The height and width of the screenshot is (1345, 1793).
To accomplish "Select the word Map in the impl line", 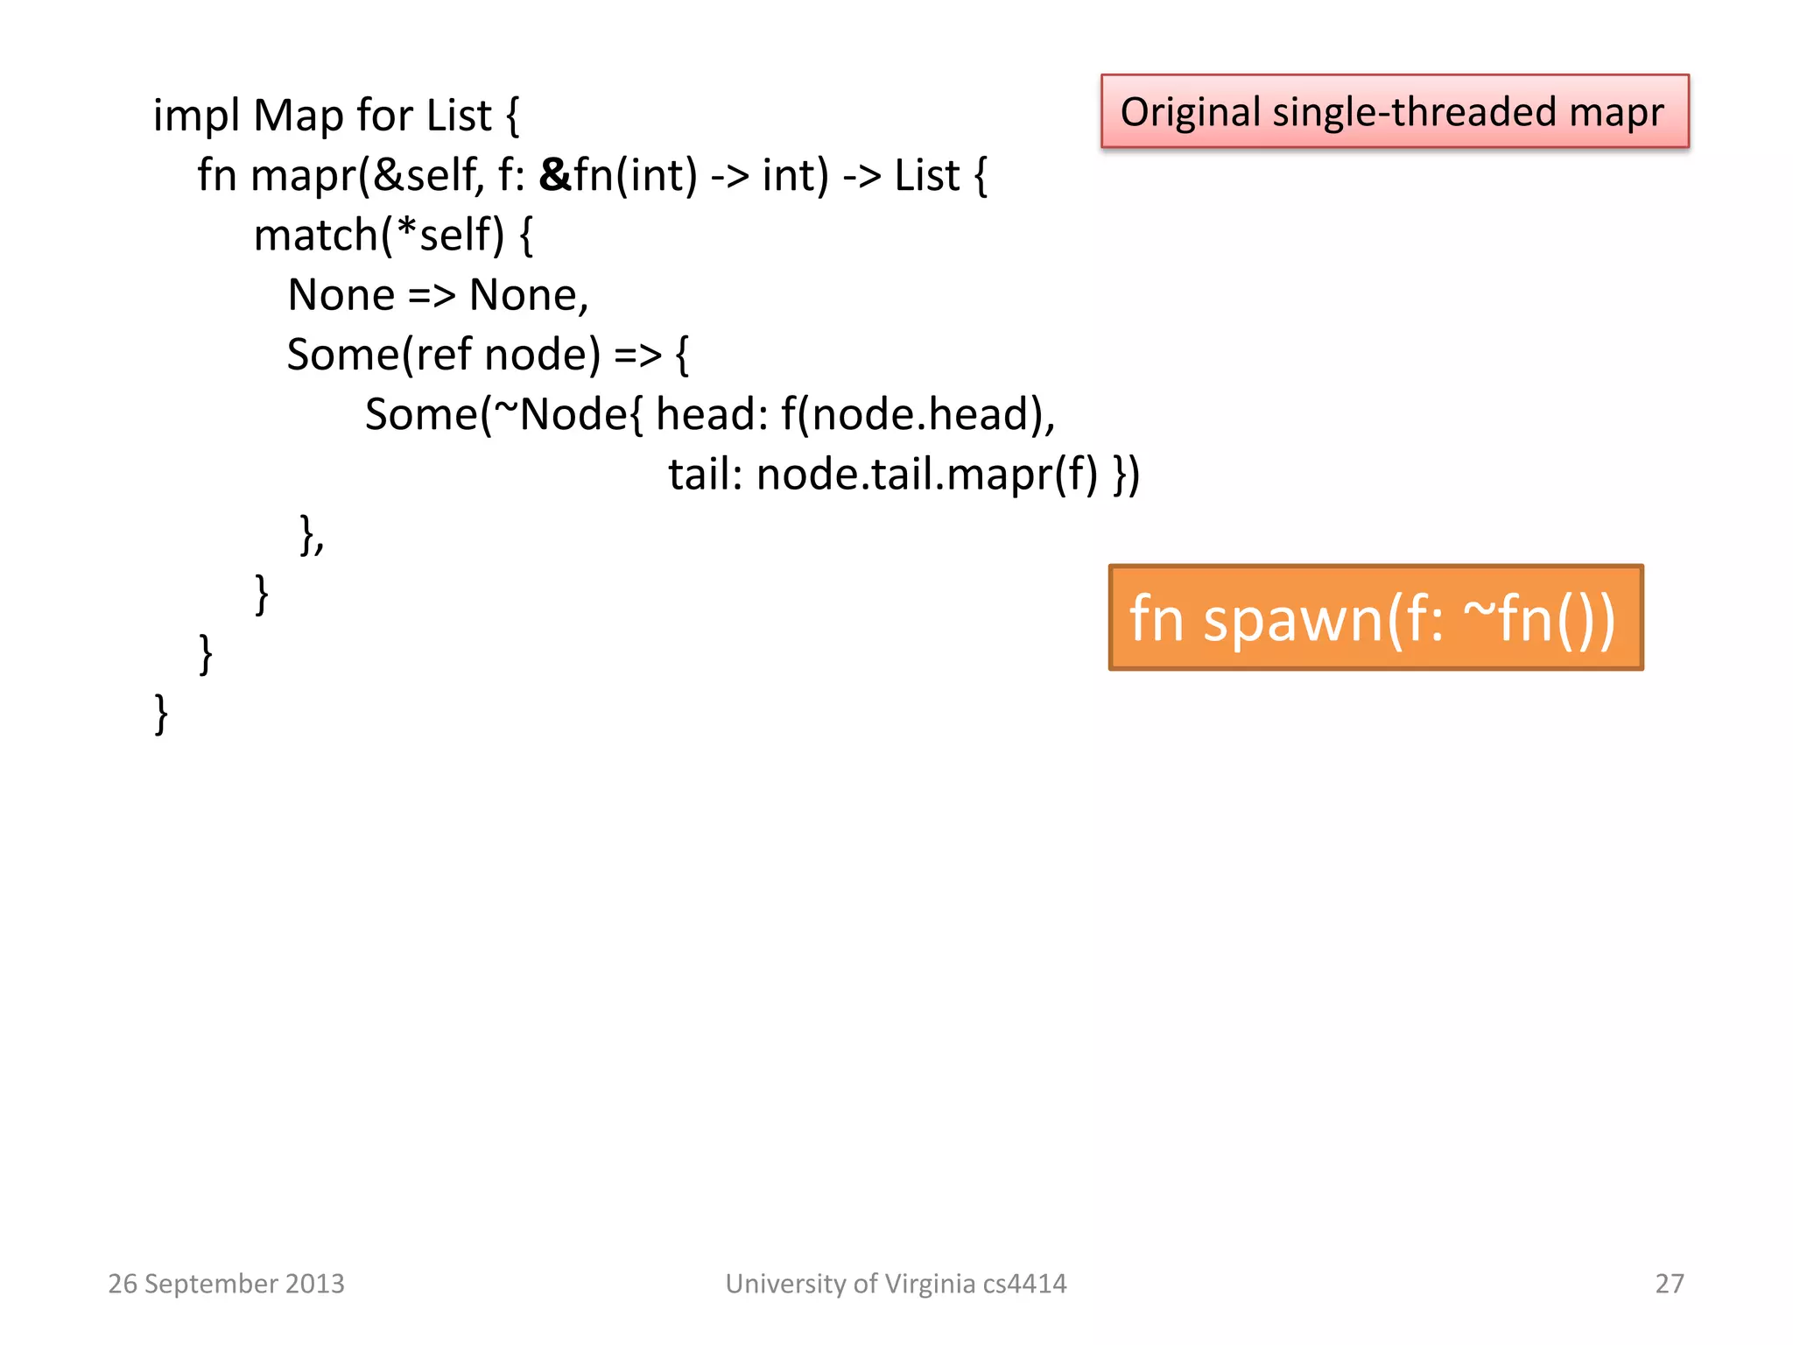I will coord(298,116).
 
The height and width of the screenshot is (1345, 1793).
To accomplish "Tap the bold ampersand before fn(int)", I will coord(555,175).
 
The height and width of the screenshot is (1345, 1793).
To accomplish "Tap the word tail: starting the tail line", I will coord(705,475).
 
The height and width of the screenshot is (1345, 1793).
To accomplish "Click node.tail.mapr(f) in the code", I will coord(926,475).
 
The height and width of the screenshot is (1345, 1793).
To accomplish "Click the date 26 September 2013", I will coord(226,1284).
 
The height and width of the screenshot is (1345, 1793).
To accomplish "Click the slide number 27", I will coord(1669,1284).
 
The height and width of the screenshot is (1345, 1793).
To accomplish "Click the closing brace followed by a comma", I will coord(312,534).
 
